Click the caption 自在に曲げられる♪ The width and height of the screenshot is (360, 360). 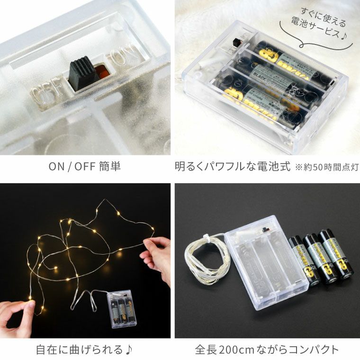[x=85, y=350]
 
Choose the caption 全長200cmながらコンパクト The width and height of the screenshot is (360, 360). [x=267, y=350]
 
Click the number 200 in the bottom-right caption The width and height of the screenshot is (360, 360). [x=242, y=350]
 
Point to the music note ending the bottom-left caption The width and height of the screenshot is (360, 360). [x=128, y=350]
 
